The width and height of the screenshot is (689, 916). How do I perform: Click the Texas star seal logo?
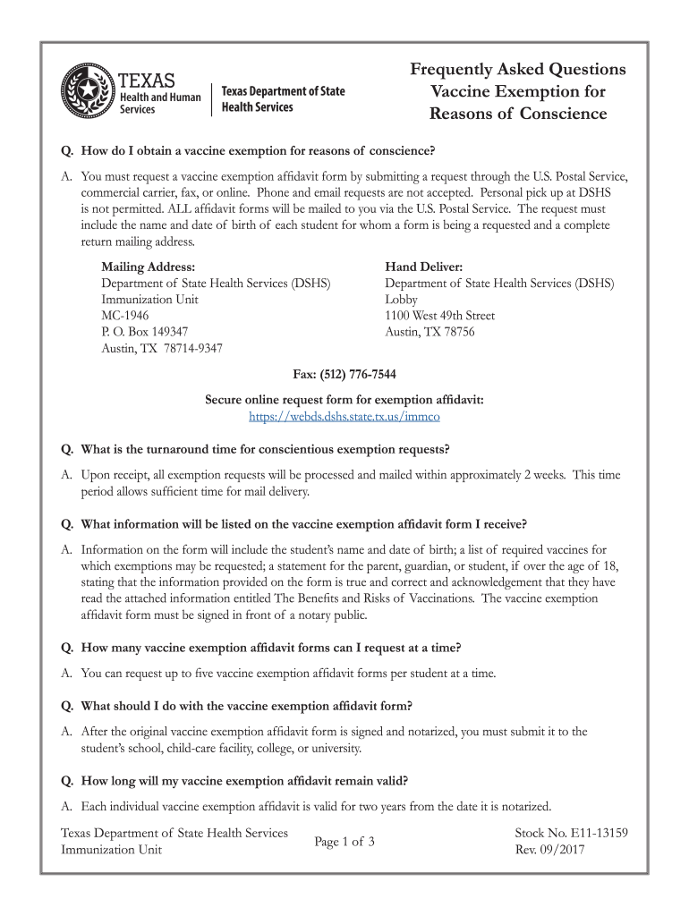(x=88, y=92)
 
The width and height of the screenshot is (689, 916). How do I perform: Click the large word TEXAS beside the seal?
(x=148, y=78)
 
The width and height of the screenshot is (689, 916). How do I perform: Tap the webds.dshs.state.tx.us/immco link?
(x=344, y=416)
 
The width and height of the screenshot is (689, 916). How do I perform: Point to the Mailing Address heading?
(x=148, y=267)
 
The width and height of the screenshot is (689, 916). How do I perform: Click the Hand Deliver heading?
(x=423, y=267)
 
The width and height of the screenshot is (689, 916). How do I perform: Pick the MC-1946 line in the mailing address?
(x=125, y=316)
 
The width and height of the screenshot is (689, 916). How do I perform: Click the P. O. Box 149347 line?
(x=145, y=332)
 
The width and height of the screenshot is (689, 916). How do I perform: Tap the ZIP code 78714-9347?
(x=194, y=348)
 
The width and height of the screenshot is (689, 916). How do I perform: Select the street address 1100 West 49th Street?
(x=439, y=316)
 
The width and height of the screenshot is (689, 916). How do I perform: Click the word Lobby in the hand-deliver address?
(x=401, y=300)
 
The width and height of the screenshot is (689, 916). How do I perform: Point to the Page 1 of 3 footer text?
(x=344, y=842)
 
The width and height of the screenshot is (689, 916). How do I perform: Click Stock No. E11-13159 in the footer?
(x=571, y=833)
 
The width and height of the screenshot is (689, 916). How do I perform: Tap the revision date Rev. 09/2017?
(x=549, y=850)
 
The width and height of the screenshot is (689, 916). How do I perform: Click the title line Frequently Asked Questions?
(x=518, y=70)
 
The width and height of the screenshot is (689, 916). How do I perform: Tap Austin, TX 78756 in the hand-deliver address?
(x=430, y=332)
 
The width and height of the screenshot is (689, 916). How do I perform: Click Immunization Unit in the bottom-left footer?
(x=111, y=850)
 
